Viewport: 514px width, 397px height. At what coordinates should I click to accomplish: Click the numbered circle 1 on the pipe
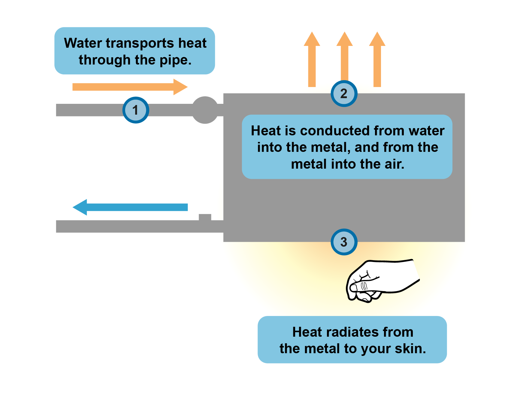136,110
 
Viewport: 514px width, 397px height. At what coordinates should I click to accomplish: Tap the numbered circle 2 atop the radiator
344,94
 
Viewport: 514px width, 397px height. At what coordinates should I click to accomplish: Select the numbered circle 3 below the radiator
344,242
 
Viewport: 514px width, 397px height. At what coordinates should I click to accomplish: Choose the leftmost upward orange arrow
312,60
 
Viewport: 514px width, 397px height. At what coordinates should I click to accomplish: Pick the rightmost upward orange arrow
377,60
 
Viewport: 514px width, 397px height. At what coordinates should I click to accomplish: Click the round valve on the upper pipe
205,110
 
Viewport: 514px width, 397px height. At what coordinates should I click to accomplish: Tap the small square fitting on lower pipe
205,217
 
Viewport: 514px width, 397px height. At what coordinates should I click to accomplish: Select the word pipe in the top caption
175,60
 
